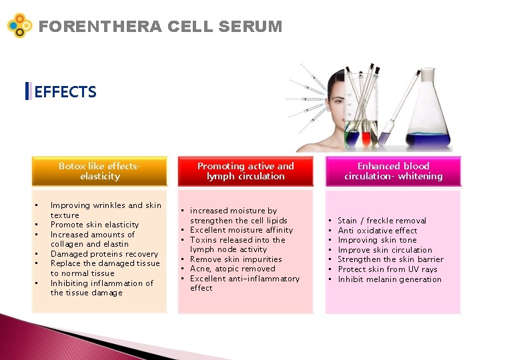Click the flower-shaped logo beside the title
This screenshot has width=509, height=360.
coord(20,25)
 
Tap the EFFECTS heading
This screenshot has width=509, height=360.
coord(65,92)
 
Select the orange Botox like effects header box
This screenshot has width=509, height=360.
coord(99,171)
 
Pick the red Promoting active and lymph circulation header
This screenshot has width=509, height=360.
coord(245,171)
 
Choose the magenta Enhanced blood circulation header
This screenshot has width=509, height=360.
coord(394,171)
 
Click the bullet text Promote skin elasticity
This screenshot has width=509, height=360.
coord(95,225)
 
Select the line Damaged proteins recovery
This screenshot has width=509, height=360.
coord(105,254)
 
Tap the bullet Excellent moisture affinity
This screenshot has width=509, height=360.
coord(241,230)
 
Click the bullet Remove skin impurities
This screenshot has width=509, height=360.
coord(236,259)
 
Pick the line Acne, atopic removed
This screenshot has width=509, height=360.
coord(233,269)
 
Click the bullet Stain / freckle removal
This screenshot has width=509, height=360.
coord(382,221)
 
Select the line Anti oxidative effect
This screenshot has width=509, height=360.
coord(378,231)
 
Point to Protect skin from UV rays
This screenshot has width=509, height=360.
coord(388,269)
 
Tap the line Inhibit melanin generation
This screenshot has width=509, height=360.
coord(390,279)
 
